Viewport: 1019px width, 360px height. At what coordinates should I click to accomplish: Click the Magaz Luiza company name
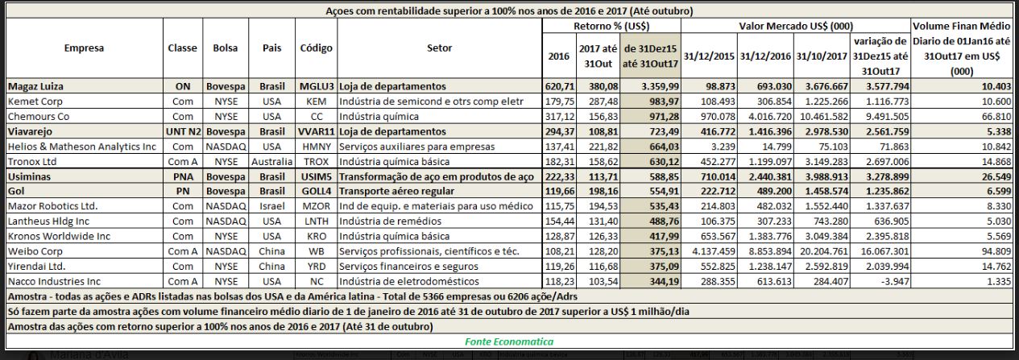35,85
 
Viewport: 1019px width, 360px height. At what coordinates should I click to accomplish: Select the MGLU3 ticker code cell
316,85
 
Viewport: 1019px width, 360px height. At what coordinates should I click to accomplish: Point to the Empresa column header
84,48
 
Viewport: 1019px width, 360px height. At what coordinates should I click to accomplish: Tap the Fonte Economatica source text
509,341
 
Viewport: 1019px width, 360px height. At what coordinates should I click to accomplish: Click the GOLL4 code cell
316,190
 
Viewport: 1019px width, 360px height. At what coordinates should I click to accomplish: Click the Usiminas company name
29,176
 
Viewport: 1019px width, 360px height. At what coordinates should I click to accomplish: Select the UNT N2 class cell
182,130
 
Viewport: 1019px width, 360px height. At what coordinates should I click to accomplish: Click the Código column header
316,48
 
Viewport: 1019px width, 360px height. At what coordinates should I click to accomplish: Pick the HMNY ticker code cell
316,146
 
